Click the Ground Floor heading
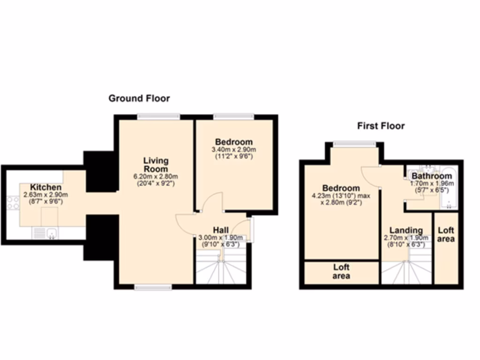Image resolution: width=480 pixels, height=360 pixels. tap(139, 98)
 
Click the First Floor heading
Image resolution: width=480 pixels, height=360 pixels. tap(381, 126)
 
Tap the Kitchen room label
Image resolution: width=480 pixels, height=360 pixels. tap(46, 187)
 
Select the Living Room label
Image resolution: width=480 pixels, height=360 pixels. tap(156, 165)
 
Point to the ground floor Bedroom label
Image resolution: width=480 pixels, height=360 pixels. tap(233, 142)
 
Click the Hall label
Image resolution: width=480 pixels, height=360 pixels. tap(221, 230)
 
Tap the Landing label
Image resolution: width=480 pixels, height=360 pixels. tap(406, 230)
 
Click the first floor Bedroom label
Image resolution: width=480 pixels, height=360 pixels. tap(341, 188)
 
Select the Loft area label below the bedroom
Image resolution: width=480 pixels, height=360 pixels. tap(341, 272)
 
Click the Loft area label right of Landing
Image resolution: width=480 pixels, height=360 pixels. tap(446, 234)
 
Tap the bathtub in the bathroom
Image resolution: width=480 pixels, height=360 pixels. tap(448, 188)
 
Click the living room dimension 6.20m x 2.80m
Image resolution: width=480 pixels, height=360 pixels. tap(156, 177)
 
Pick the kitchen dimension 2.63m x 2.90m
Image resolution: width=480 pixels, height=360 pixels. tap(46, 195)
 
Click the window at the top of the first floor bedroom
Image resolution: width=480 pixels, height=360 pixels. tap(355, 144)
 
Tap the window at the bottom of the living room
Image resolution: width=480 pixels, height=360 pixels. tap(153, 287)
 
